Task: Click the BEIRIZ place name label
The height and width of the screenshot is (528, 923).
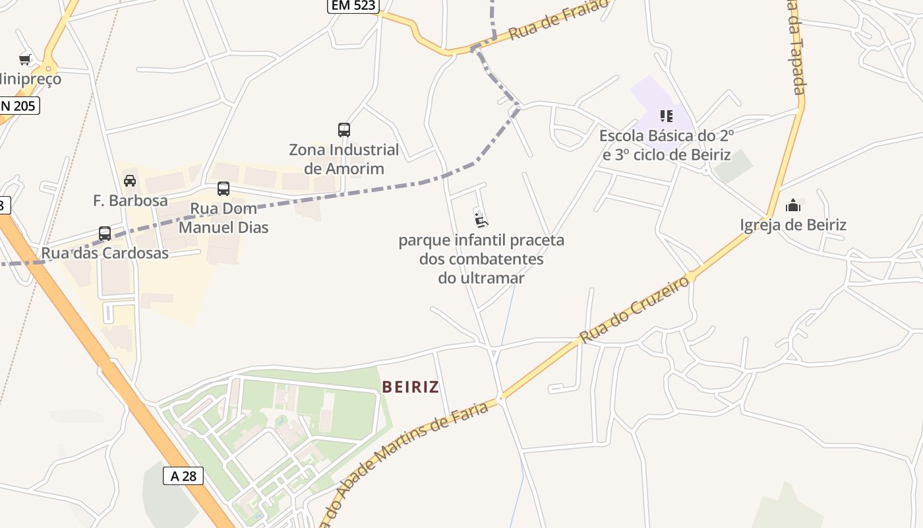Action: (x=410, y=387)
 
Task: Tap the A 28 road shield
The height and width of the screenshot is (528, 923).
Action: (x=183, y=476)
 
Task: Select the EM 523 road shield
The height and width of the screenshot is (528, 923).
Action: (x=353, y=5)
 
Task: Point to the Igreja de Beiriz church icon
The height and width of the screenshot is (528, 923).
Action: (x=793, y=205)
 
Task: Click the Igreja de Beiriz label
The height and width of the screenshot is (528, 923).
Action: (x=793, y=225)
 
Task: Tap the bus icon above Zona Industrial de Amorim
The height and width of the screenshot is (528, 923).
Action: (x=343, y=130)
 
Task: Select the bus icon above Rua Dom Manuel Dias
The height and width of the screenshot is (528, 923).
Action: (x=223, y=189)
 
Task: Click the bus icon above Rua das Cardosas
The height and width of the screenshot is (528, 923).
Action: (x=105, y=234)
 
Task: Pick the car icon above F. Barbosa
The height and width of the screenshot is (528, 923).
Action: (x=130, y=181)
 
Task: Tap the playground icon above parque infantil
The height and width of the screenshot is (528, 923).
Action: (x=481, y=219)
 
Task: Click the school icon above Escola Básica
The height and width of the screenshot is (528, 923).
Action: (x=667, y=117)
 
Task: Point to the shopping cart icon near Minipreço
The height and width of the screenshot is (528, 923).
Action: (x=25, y=60)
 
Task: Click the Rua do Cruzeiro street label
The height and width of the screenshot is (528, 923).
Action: (x=635, y=309)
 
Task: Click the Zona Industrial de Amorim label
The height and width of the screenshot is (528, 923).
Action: (x=344, y=159)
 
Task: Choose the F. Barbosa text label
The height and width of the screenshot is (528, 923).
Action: (x=131, y=201)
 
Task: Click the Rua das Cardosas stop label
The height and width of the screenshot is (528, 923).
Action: (x=105, y=253)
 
